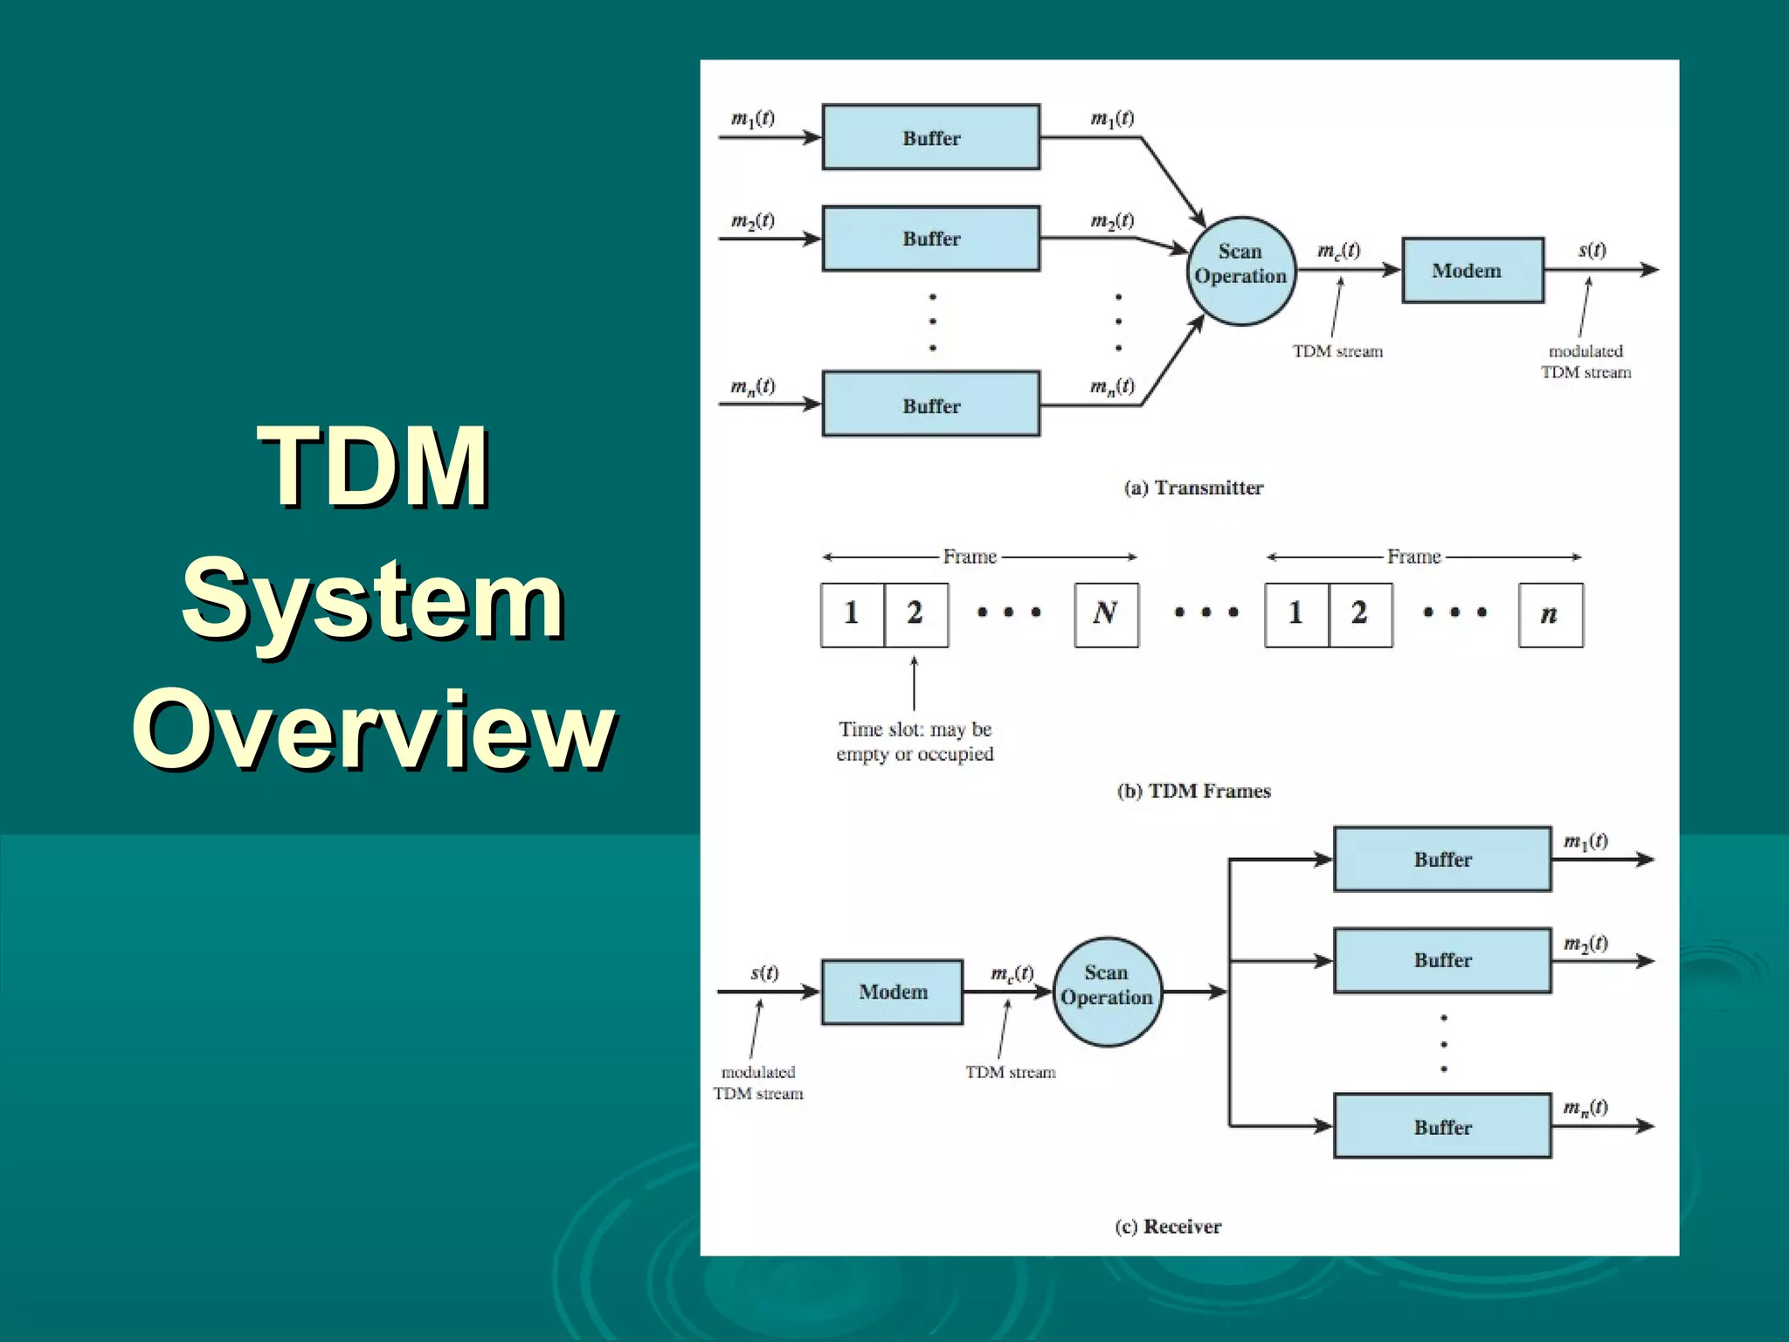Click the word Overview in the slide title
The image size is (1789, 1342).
tap(374, 730)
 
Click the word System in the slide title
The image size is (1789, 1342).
tap(374, 599)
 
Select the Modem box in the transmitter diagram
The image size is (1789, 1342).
tap(1472, 271)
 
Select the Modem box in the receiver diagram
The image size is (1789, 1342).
tap(892, 992)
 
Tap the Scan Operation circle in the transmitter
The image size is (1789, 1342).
tap(1240, 271)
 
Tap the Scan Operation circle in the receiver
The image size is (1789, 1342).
tap(1107, 992)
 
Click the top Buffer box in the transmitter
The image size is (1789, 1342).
tap(931, 137)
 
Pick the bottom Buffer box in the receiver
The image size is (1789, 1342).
tap(1442, 1126)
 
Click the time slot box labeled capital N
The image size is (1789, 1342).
tap(1106, 614)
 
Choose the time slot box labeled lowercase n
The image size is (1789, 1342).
tap(1551, 614)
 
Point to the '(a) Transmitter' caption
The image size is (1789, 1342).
tap(1193, 488)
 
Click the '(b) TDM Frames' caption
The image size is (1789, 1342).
tap(1193, 791)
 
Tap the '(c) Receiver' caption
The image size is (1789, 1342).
tap(1168, 1227)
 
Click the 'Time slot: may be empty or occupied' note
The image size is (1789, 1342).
tap(915, 741)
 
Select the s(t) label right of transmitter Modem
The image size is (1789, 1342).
tap(1592, 251)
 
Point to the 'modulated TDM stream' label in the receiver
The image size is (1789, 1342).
tap(757, 1083)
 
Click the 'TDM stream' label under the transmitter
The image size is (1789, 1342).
tap(1337, 351)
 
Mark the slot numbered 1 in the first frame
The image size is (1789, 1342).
tap(853, 614)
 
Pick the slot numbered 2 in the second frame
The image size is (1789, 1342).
tap(1360, 614)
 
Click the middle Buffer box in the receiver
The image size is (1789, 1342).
tap(1442, 960)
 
